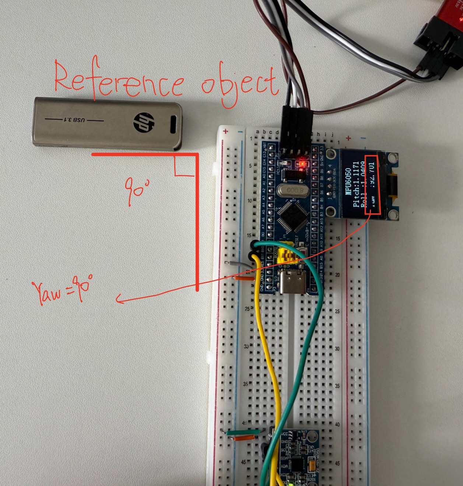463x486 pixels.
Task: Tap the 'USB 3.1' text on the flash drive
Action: pyautogui.click(x=74, y=120)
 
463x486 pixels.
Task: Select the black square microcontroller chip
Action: pyautogui.click(x=293, y=218)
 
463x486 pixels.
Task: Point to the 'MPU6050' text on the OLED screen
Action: pyautogui.click(x=348, y=182)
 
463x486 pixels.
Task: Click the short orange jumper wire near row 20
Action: pyautogui.click(x=244, y=279)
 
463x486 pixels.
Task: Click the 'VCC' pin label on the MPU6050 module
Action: pyautogui.click(x=284, y=434)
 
